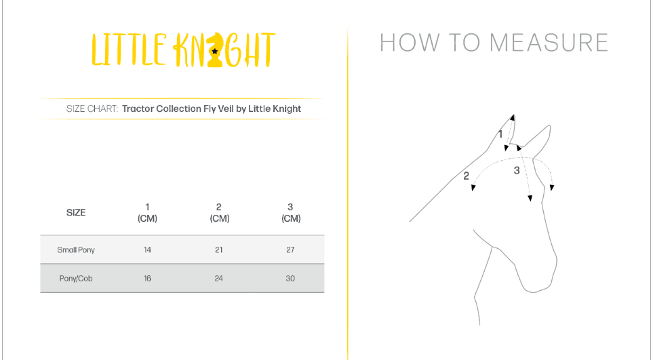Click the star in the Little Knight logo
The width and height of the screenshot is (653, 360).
pyautogui.click(x=214, y=52)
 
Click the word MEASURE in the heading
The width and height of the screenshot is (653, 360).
pyautogui.click(x=549, y=43)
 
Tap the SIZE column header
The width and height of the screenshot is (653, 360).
pyautogui.click(x=76, y=213)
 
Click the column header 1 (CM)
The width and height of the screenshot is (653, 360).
pyautogui.click(x=147, y=213)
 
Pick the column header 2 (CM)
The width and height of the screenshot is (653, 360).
pyautogui.click(x=219, y=213)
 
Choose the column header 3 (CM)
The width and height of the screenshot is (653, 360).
pyautogui.click(x=291, y=213)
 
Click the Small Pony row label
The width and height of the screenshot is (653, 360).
pyautogui.click(x=76, y=250)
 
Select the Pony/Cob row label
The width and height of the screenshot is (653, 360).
pyautogui.click(x=76, y=279)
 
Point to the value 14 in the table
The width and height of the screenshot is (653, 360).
pyautogui.click(x=147, y=250)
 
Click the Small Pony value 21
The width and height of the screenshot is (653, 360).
pyautogui.click(x=219, y=250)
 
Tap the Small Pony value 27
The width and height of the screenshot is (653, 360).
pyautogui.click(x=290, y=250)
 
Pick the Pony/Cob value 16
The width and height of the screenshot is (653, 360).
pyautogui.click(x=147, y=279)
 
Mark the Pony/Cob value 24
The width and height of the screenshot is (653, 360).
pyautogui.click(x=219, y=279)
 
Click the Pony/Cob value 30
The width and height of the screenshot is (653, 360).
pyautogui.click(x=290, y=279)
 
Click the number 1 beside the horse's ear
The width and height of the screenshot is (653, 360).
pyautogui.click(x=500, y=134)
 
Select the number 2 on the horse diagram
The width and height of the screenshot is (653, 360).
pyautogui.click(x=467, y=176)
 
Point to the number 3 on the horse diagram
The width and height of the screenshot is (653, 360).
pyautogui.click(x=517, y=170)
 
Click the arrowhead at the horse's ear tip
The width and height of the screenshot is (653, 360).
pyautogui.click(x=513, y=117)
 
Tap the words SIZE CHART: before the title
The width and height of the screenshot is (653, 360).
pyautogui.click(x=92, y=108)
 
